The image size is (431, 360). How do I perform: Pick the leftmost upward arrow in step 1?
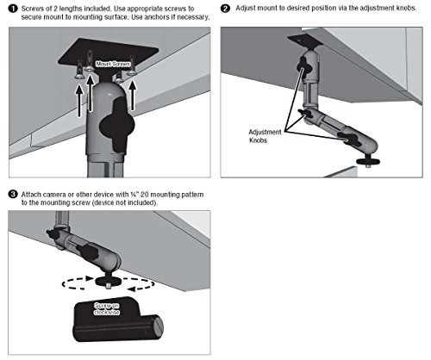point(76,95)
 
